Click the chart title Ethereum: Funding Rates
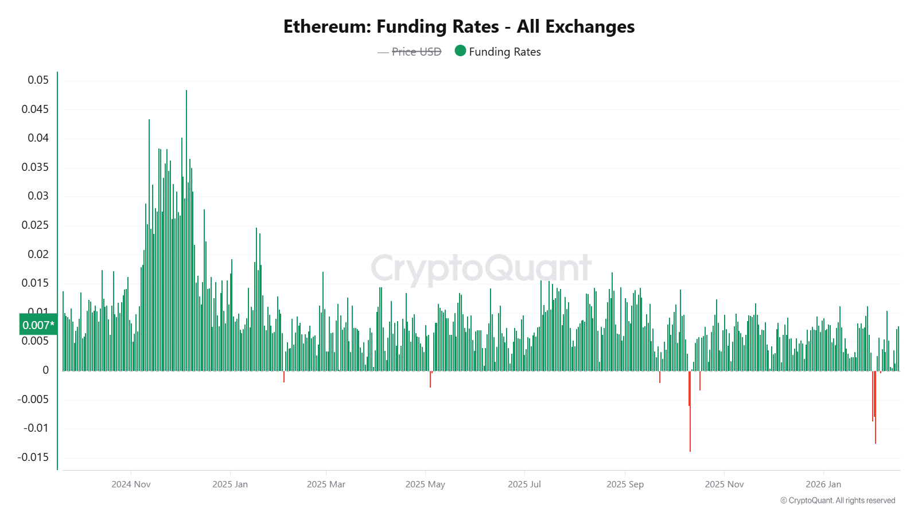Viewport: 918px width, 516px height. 458,27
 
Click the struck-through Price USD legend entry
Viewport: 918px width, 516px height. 416,52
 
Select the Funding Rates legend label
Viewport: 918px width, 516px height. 504,52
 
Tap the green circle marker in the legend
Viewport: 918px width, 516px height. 460,51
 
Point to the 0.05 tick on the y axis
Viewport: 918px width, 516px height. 38,80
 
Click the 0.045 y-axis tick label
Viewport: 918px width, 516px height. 36,109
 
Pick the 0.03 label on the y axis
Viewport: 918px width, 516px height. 38,196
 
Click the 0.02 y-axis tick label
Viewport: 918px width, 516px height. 38,254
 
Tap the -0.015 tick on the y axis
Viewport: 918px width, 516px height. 33,457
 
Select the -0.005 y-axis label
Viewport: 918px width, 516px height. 33,399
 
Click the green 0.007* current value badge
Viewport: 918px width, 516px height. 38,325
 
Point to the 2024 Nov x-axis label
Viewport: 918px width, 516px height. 131,484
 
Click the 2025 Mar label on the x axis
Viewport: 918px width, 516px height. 326,484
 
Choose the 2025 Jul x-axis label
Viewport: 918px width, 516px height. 524,484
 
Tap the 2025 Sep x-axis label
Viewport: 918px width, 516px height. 625,484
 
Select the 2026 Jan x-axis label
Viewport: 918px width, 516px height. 823,484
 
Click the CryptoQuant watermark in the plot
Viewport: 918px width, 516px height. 481,268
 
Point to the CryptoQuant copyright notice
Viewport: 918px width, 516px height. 838,501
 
